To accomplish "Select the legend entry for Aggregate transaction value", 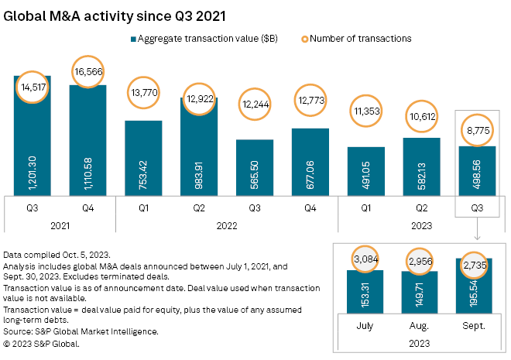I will click(x=203, y=38).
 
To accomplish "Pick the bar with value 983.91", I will click(x=199, y=147).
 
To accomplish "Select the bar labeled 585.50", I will click(x=255, y=167).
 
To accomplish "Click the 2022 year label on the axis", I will click(x=226, y=225).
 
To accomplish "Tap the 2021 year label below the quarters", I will click(x=60, y=225).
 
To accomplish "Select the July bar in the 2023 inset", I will click(x=365, y=298).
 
